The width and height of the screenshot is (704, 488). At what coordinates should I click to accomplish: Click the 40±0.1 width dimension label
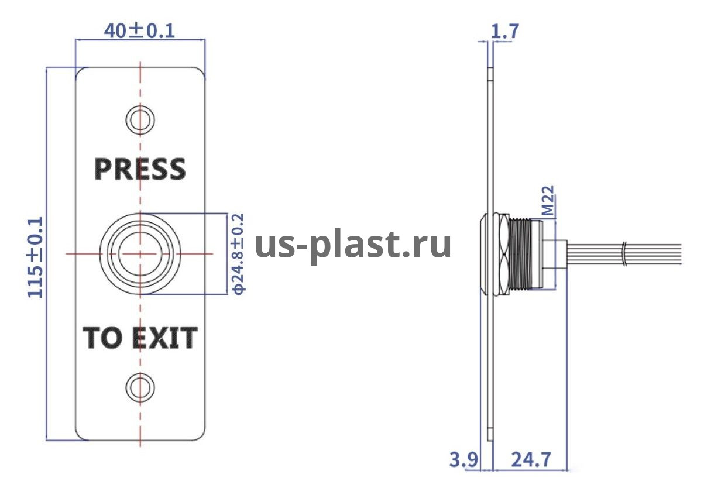pyautogui.click(x=139, y=31)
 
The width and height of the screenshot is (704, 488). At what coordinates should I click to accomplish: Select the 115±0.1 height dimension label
pyautogui.click(x=35, y=257)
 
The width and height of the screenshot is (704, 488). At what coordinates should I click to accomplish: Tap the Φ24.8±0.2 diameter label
pyautogui.click(x=238, y=253)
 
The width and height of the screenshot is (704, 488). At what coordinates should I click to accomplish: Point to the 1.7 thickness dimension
pyautogui.click(x=504, y=32)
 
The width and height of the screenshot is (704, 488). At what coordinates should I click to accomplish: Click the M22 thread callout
pyautogui.click(x=548, y=201)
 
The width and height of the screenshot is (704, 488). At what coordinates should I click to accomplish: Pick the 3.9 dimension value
pyautogui.click(x=463, y=460)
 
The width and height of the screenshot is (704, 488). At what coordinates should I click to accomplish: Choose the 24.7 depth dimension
pyautogui.click(x=531, y=460)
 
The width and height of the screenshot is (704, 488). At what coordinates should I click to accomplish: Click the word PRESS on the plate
pyautogui.click(x=140, y=169)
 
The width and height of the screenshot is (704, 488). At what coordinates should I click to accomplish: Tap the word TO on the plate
pyautogui.click(x=102, y=338)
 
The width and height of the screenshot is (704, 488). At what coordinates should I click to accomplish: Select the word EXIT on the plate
pyautogui.click(x=164, y=338)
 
